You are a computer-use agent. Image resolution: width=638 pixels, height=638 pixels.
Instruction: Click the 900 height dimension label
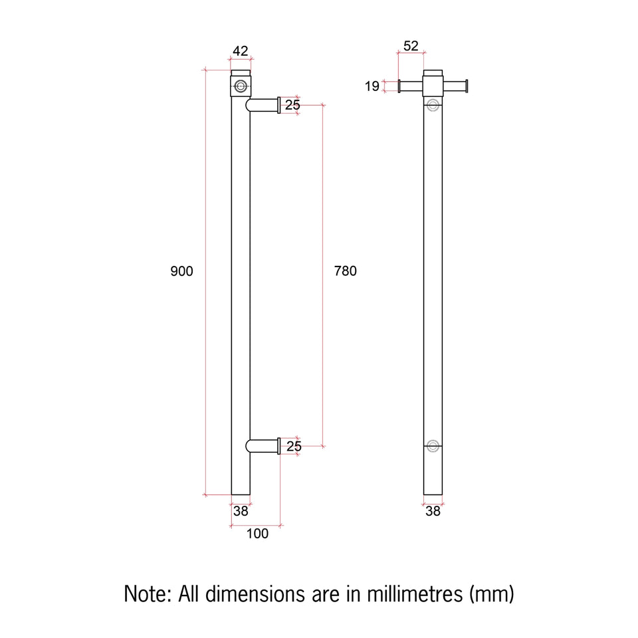click(x=181, y=271)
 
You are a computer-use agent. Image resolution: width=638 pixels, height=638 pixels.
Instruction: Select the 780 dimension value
click(x=345, y=271)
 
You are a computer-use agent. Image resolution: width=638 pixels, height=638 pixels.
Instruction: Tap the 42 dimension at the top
click(x=240, y=51)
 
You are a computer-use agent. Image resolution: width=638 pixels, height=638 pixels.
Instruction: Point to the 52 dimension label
click(x=411, y=46)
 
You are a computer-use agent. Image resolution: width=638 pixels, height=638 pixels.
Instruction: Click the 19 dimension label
click(x=372, y=86)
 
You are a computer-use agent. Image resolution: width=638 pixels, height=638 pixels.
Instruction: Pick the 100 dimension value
click(x=257, y=534)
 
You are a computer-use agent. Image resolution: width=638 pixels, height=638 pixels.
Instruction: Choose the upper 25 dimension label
click(x=292, y=105)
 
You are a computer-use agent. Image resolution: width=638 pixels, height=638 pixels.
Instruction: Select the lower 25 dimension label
click(x=294, y=447)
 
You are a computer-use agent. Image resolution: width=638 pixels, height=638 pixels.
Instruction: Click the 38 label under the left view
click(x=241, y=511)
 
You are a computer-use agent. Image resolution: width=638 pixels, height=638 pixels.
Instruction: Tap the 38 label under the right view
click(x=433, y=511)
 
